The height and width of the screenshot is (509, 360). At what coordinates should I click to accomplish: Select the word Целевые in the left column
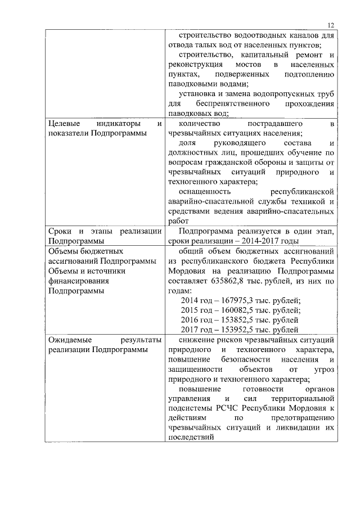coord(62,123)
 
